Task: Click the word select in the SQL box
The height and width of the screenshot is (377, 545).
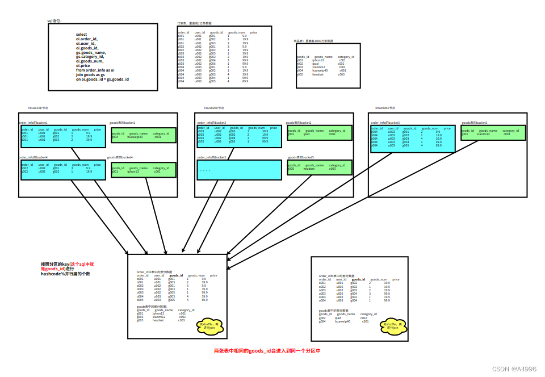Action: pos(82,34)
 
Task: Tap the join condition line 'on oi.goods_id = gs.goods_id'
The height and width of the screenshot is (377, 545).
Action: pos(102,79)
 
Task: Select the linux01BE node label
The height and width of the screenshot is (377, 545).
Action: pos(38,107)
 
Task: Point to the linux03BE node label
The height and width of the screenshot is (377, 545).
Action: pos(385,107)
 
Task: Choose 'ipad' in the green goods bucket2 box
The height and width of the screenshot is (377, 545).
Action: pos(307,134)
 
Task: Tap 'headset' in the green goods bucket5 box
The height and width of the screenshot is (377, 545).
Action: pos(309,169)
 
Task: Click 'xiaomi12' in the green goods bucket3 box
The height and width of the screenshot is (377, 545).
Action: pos(483,134)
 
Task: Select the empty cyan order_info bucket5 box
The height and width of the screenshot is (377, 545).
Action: pos(239,170)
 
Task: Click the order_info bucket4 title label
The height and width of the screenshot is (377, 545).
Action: pos(33,157)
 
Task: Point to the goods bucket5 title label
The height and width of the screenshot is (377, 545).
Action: pos(301,157)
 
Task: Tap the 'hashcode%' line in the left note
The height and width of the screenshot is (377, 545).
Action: pos(65,274)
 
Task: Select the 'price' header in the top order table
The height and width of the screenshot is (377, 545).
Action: pos(253,32)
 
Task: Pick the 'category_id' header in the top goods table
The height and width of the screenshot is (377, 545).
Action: pos(346,57)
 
